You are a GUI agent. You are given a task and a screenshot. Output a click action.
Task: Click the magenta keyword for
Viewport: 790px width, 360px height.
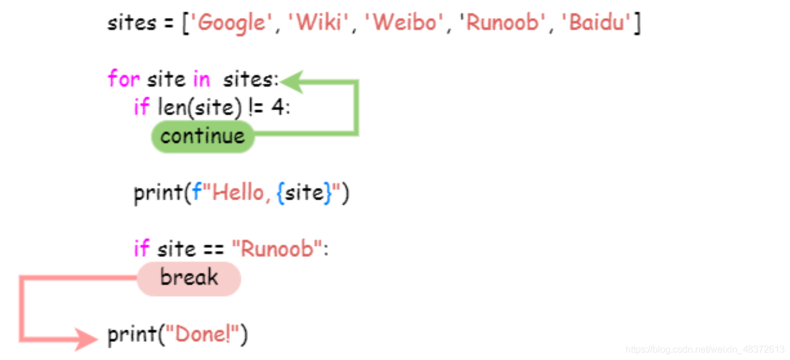click(124, 78)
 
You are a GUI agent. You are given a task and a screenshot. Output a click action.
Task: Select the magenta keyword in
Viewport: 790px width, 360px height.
click(201, 78)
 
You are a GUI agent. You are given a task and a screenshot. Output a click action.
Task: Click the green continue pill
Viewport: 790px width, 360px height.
click(203, 136)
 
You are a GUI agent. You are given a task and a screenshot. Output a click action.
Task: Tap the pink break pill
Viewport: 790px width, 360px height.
click(189, 279)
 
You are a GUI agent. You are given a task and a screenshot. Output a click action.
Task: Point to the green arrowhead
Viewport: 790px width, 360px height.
click(293, 82)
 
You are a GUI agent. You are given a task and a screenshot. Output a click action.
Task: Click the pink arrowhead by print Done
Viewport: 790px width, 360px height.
click(86, 339)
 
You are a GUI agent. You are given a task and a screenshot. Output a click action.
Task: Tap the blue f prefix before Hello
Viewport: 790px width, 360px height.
click(197, 193)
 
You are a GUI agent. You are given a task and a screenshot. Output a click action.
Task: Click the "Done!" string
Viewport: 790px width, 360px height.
click(202, 334)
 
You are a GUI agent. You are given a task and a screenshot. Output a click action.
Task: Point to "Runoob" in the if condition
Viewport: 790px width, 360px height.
click(277, 249)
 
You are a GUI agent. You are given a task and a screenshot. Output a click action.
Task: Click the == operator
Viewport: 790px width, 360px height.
click(214, 250)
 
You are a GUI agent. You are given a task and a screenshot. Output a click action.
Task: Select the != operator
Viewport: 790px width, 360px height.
click(256, 107)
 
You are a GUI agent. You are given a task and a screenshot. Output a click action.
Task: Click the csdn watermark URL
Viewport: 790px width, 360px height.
click(705, 349)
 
